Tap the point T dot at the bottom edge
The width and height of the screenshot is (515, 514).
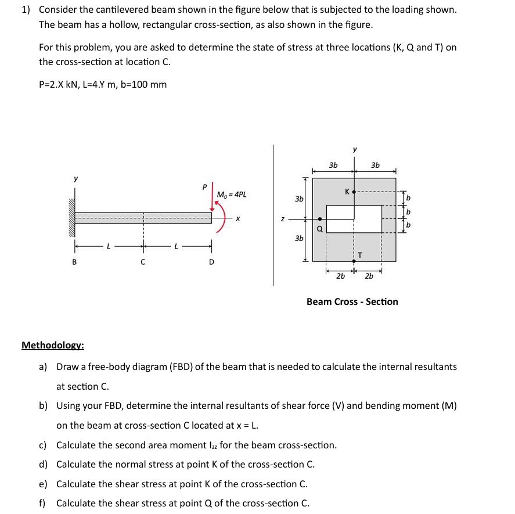tap(354, 261)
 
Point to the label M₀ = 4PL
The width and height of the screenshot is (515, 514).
tap(231, 195)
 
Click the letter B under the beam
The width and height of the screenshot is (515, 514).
tap(74, 261)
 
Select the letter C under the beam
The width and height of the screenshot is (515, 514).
tap(143, 261)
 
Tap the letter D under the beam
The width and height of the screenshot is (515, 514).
tap(211, 261)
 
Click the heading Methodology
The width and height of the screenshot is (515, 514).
tap(53, 346)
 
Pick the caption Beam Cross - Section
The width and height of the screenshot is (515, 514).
tap(352, 301)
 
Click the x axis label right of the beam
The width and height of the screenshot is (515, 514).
tap(237, 219)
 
